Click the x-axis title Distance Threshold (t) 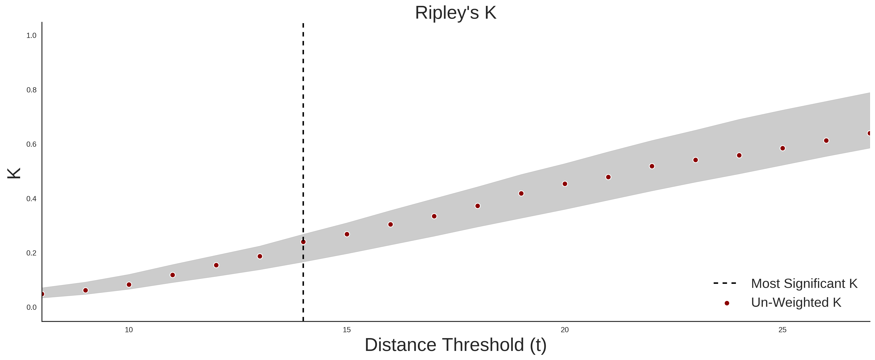(455, 345)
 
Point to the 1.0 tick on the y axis (31, 36)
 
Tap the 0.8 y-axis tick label (31, 90)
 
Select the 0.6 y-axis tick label (31, 144)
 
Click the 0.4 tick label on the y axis (31, 199)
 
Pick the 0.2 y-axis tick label (31, 253)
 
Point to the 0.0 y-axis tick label (31, 307)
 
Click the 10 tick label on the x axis (129, 330)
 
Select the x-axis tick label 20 (564, 330)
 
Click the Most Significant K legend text (804, 284)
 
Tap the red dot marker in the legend (726, 303)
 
